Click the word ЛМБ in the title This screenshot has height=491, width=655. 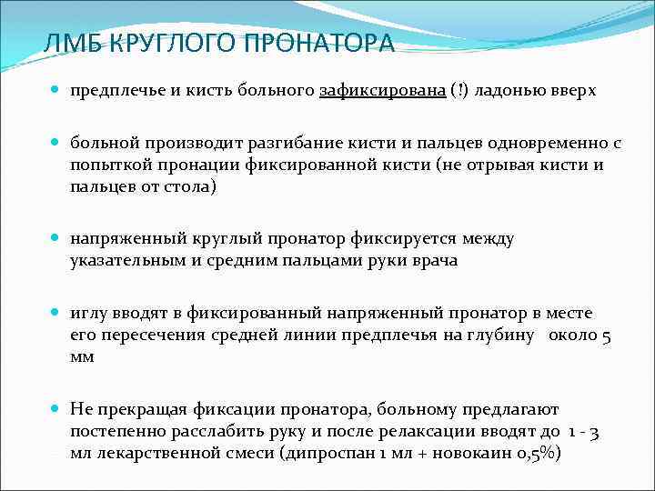[x=72, y=44]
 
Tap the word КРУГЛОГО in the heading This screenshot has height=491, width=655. [x=170, y=44]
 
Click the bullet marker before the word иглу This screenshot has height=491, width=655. [x=55, y=314]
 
